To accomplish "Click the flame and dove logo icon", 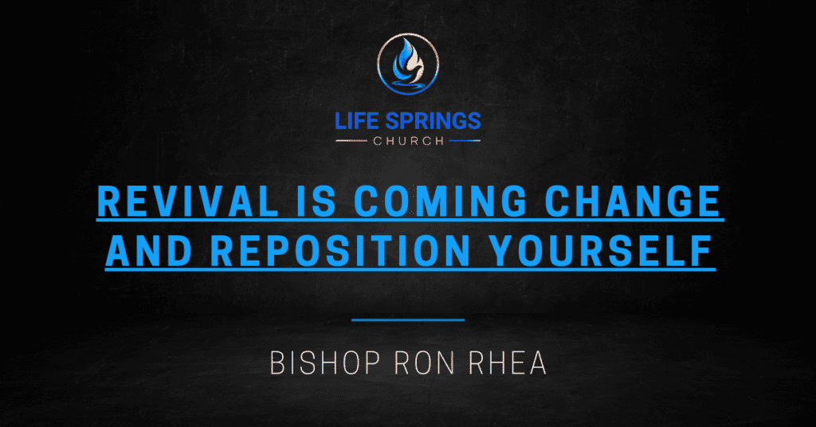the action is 408,65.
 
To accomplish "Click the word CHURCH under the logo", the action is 409,141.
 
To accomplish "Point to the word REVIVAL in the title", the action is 188,202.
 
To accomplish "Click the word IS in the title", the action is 316,202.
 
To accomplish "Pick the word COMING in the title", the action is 441,202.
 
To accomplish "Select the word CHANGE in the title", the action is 632,202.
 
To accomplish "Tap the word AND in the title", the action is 149,251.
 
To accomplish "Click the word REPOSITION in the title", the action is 340,251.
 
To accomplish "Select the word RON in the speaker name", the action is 425,363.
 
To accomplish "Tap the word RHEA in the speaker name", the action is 508,363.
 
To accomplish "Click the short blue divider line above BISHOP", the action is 408,320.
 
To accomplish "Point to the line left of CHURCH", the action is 351,141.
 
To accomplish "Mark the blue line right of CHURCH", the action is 465,141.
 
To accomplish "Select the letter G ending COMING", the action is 515,202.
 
